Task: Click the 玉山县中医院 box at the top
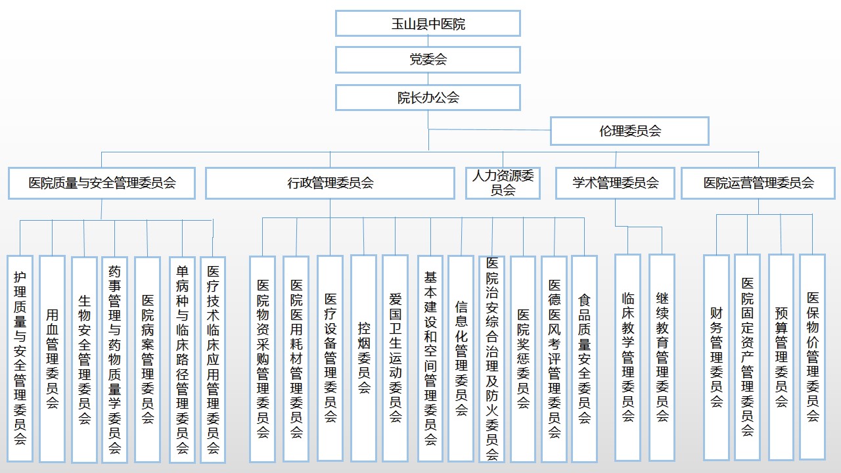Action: pos(428,24)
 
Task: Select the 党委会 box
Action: pos(428,60)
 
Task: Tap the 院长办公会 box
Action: pos(428,98)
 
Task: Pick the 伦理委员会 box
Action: pos(629,131)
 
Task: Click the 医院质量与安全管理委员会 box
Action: pos(102,183)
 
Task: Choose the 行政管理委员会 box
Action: pos(330,183)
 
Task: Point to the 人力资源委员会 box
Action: pos(503,183)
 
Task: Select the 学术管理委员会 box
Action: pos(615,183)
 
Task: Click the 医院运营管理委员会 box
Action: pos(759,183)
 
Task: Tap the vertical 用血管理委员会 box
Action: pos(52,358)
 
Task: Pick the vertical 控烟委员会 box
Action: pos(363,358)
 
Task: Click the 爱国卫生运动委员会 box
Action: pos(395,358)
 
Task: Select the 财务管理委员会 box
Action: pos(716,358)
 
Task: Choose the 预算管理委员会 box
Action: pos(781,358)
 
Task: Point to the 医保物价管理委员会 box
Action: pos(813,358)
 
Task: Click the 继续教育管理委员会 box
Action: pos(662,358)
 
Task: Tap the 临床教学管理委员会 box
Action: pos(627,358)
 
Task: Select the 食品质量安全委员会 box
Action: pos(584,358)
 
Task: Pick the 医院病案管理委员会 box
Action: pos(147,358)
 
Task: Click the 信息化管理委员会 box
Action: pos(461,358)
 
